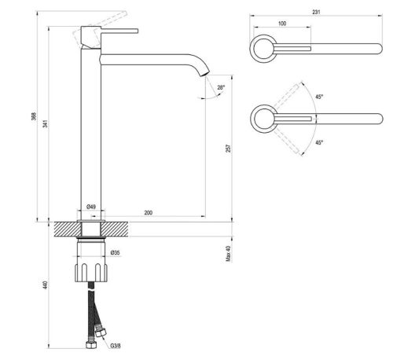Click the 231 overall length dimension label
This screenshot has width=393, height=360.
[316, 12]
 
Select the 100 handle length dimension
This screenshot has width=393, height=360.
[282, 24]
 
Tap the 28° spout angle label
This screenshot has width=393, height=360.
[221, 87]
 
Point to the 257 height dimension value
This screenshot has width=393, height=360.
[229, 148]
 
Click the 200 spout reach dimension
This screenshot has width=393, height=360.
[149, 212]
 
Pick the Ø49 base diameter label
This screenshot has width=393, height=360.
[91, 207]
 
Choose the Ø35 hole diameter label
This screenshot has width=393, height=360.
[116, 252]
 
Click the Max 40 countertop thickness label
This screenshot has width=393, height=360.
[229, 253]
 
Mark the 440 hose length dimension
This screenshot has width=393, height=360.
[46, 285]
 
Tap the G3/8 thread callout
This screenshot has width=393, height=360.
[116, 346]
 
